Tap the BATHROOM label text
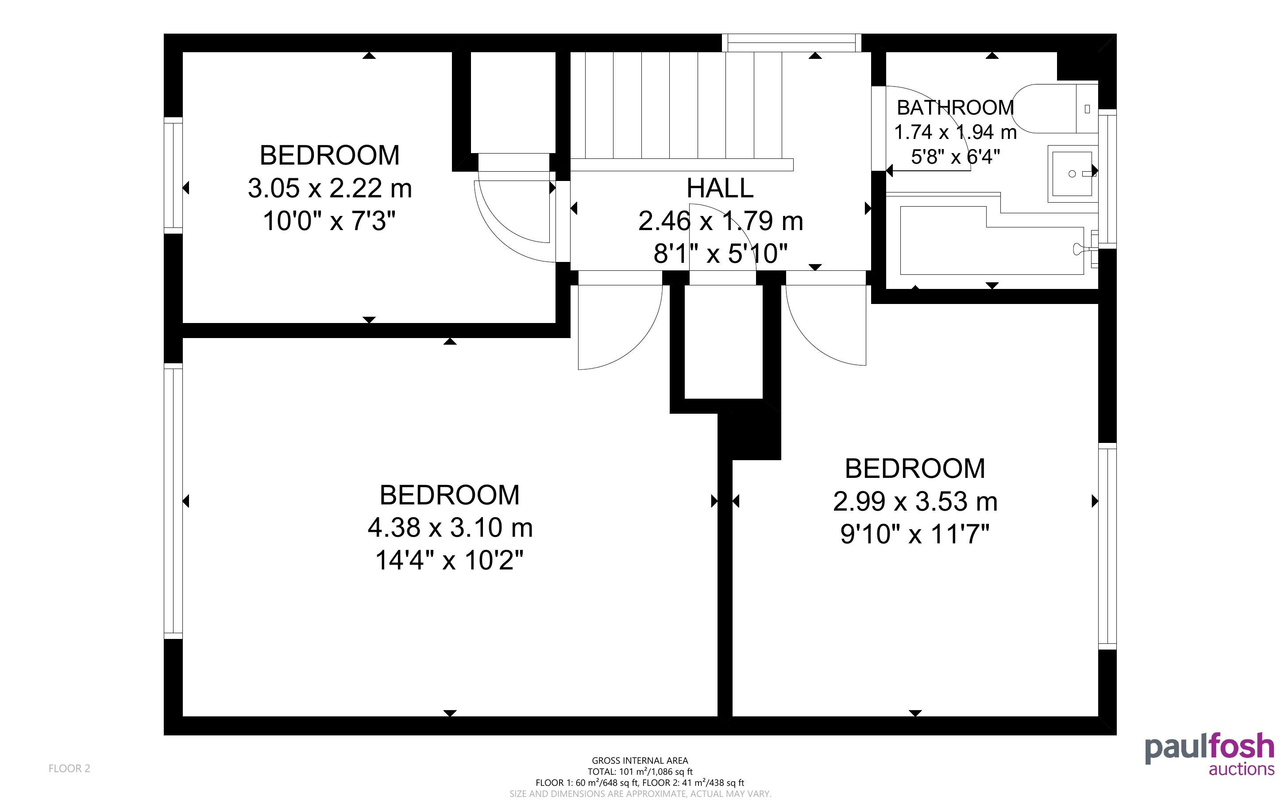[x=956, y=108]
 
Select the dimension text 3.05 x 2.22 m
[x=330, y=188]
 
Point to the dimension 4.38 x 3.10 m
[x=450, y=527]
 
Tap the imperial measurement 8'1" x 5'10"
[x=721, y=254]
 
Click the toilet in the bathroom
[x=1056, y=108]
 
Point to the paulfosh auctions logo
[x=1210, y=754]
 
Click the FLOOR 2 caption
[x=69, y=768]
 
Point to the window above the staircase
[x=791, y=43]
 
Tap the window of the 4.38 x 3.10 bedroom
[x=173, y=501]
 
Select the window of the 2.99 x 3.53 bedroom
[x=1107, y=546]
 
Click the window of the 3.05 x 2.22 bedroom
[x=173, y=175]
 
